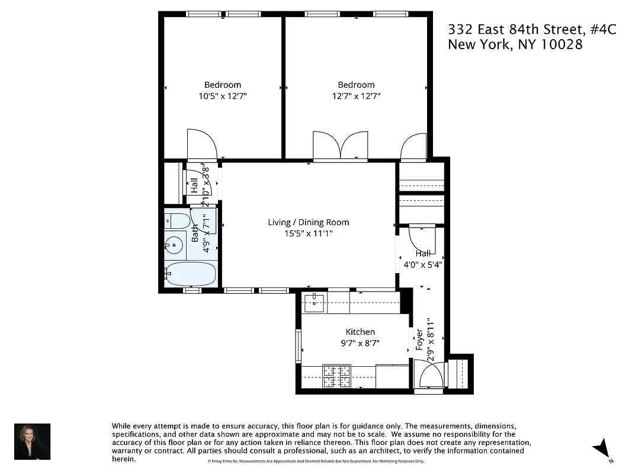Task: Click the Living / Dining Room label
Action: tap(308, 222)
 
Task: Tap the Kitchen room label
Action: tap(360, 332)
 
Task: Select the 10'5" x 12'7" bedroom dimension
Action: tap(223, 95)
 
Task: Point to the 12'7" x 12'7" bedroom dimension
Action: tap(356, 95)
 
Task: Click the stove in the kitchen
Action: tap(336, 375)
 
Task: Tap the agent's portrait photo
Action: tap(32, 441)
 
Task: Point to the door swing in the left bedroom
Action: tap(202, 145)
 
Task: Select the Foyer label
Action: tap(419, 340)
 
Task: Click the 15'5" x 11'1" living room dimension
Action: tap(308, 233)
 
